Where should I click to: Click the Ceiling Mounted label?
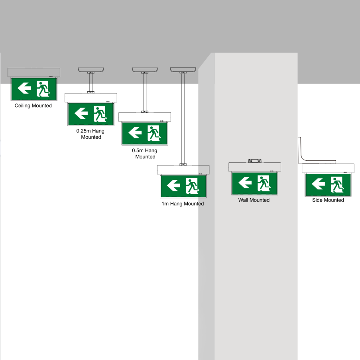point(33,106)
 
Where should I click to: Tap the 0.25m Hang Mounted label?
point(90,134)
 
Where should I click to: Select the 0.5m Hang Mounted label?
point(145,153)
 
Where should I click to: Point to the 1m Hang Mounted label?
point(183,204)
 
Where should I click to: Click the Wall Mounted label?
point(254,200)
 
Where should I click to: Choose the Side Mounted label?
point(328,200)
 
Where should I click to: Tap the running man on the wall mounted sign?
point(264,183)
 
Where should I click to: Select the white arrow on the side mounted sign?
point(318,184)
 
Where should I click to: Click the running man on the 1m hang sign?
point(192,186)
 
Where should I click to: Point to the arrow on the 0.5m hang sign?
point(135,132)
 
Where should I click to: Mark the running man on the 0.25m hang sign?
point(100,114)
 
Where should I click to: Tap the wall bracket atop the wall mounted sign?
point(255,161)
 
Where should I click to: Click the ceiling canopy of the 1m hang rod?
point(183,70)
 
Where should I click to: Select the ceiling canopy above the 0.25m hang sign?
point(90,70)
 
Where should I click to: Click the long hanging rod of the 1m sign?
point(183,119)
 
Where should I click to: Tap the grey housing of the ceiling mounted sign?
point(34,72)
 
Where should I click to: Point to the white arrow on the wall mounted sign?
point(245,183)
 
